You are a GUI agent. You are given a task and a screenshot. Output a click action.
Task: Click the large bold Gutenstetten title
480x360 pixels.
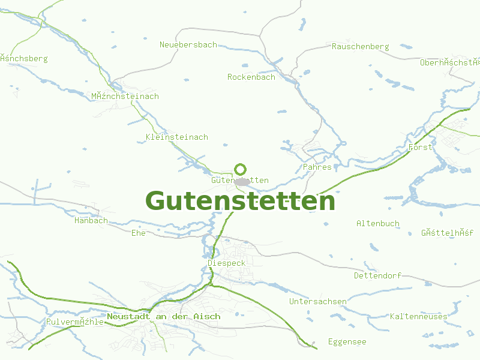(240, 201)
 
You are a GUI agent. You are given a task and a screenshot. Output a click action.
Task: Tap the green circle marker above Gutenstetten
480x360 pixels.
(241, 169)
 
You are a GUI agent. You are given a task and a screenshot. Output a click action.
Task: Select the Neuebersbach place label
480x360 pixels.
(188, 45)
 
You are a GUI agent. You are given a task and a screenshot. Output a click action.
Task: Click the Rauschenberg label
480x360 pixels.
(360, 47)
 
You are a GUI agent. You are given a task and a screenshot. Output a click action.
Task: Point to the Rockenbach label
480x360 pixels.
(251, 77)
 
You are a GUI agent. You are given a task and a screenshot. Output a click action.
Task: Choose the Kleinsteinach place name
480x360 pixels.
(176, 137)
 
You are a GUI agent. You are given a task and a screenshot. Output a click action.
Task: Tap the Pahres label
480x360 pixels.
(317, 167)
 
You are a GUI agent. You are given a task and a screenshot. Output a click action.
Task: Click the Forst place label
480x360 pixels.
(420, 148)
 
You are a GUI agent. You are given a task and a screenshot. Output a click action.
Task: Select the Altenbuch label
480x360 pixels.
(377, 224)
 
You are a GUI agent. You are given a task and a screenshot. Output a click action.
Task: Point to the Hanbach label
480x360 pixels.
(91, 221)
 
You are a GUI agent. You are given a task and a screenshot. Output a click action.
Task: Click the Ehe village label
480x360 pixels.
(138, 233)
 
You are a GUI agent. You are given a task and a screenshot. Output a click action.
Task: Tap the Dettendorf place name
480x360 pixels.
(377, 276)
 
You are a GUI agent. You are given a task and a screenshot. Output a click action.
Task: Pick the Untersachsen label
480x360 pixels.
(317, 302)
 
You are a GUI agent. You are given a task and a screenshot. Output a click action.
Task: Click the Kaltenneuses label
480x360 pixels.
(418, 317)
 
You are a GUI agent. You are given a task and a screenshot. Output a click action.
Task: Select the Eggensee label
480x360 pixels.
(347, 342)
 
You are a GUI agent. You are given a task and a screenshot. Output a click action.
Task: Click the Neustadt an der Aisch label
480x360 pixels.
(163, 317)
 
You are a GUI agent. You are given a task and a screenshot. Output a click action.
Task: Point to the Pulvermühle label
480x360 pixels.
(75, 322)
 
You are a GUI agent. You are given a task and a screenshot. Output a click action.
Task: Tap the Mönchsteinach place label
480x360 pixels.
(125, 97)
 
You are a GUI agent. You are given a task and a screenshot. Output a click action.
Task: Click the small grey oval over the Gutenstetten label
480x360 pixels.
(242, 181)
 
